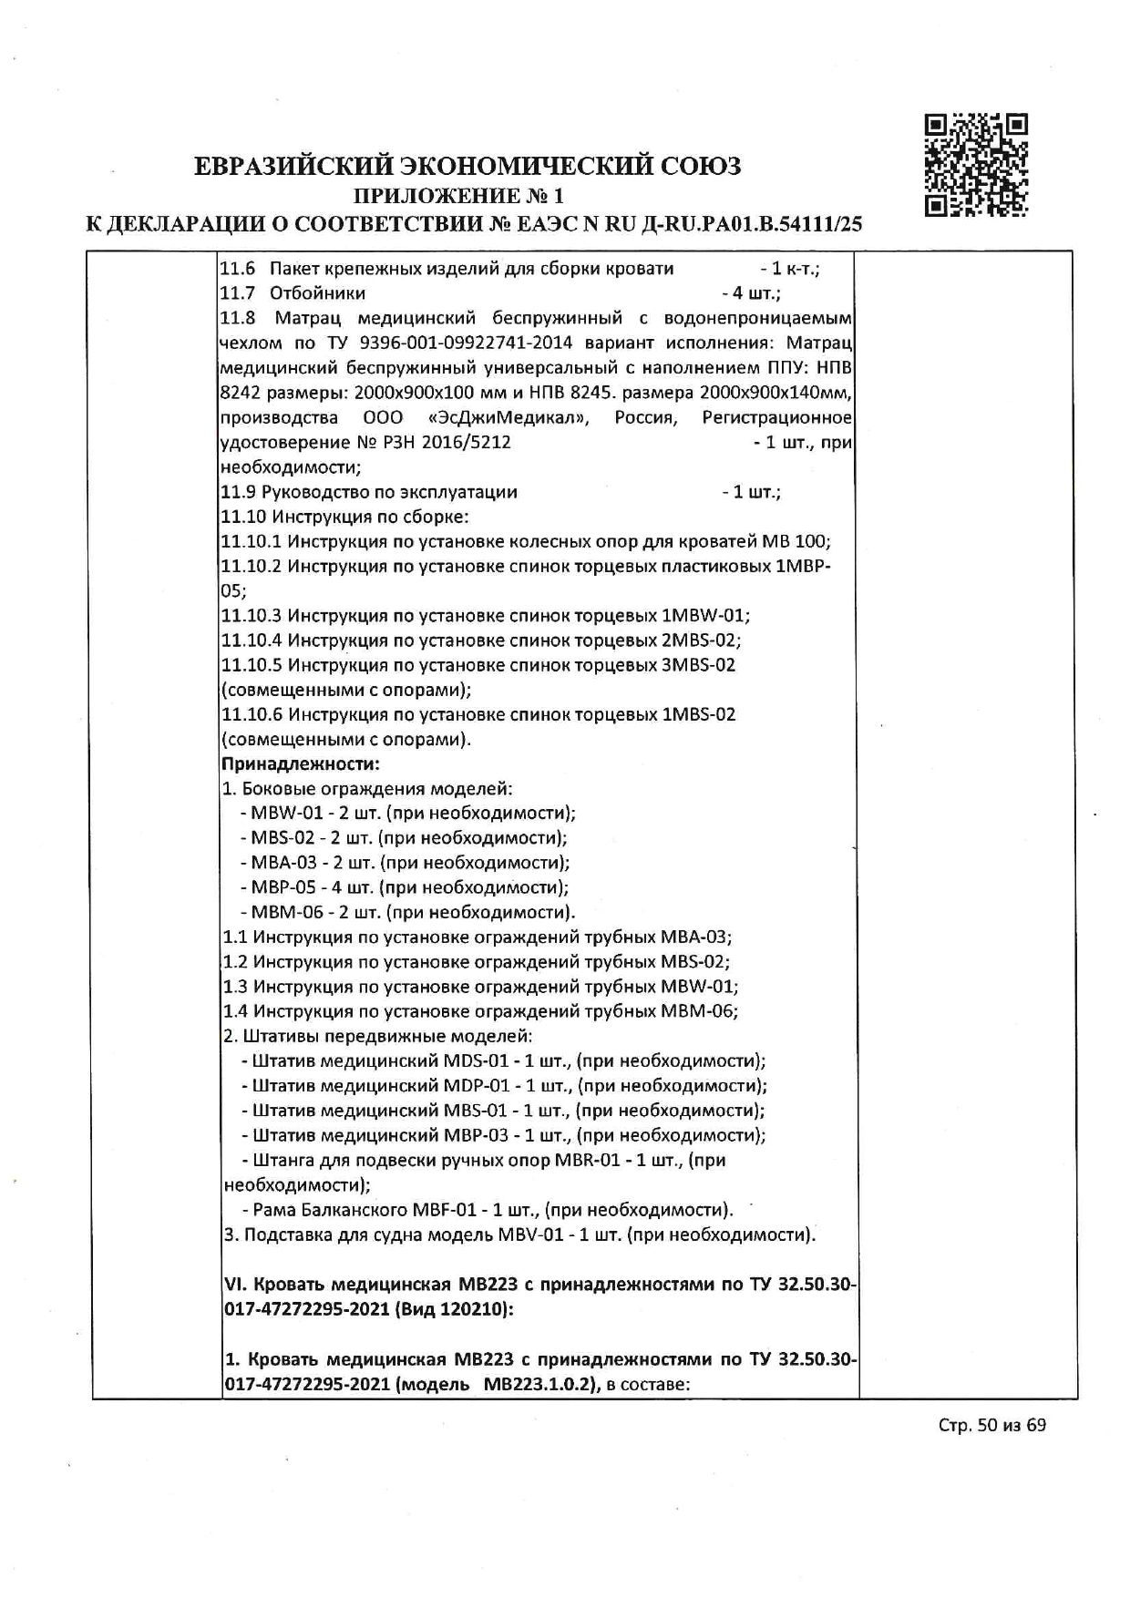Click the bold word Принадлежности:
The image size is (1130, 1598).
point(300,763)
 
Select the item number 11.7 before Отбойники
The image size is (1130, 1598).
point(238,293)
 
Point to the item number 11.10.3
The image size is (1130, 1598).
point(252,615)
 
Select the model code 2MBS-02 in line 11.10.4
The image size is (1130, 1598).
point(702,640)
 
